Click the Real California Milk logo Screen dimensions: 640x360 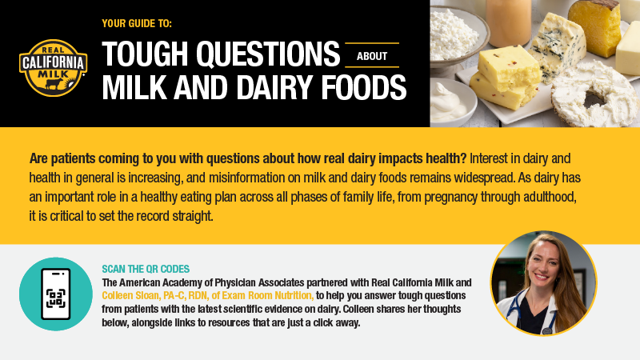coord(53,68)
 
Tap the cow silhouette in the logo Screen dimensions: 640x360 coord(54,84)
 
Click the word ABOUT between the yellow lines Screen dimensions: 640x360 coord(372,56)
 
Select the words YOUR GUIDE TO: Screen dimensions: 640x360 coord(137,24)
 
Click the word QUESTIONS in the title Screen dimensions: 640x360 coord(268,54)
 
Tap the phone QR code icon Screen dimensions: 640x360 coord(56,294)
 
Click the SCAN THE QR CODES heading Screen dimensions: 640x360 coord(146,269)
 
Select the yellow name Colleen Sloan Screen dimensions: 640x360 coord(130,295)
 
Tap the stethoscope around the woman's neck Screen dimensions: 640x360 coord(530,314)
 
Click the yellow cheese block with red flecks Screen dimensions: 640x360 coord(504,78)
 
